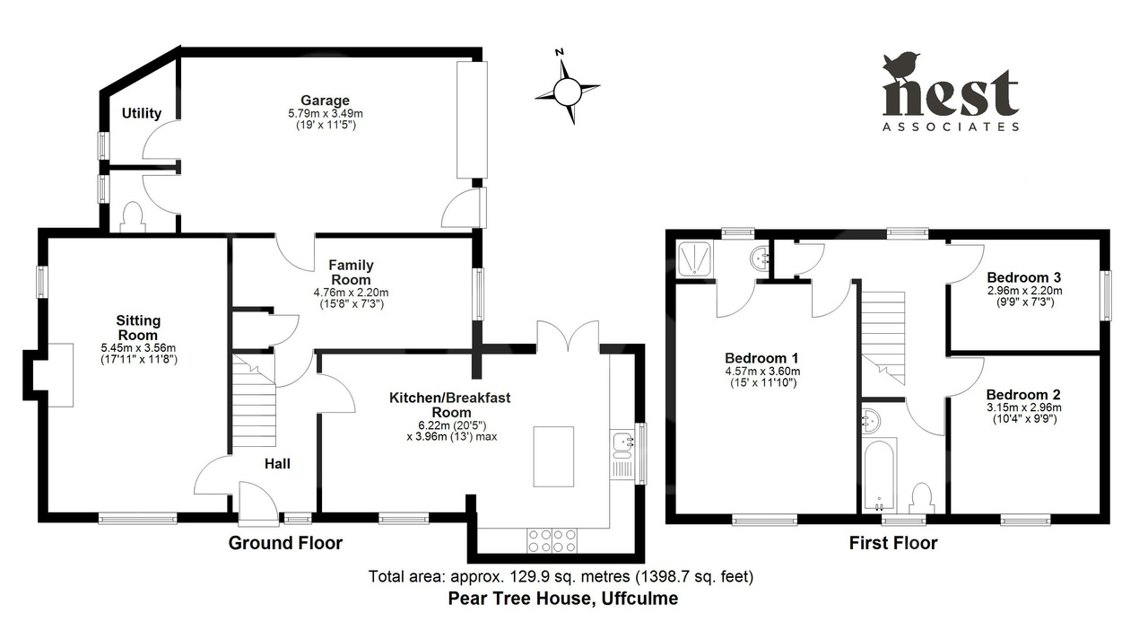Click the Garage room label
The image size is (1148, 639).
[x=325, y=101]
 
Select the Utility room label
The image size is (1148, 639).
[x=142, y=113]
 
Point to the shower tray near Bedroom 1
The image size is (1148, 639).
[x=695, y=258]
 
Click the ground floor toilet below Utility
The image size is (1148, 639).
[x=132, y=218]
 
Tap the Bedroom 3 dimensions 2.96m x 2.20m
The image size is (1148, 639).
[x=1024, y=291]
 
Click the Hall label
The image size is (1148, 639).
[x=277, y=464]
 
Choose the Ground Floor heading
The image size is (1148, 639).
[x=285, y=543]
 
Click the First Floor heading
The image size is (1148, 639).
[x=893, y=543]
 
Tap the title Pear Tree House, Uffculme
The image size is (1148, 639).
[x=562, y=598]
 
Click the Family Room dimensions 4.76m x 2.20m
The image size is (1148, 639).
[x=351, y=293]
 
